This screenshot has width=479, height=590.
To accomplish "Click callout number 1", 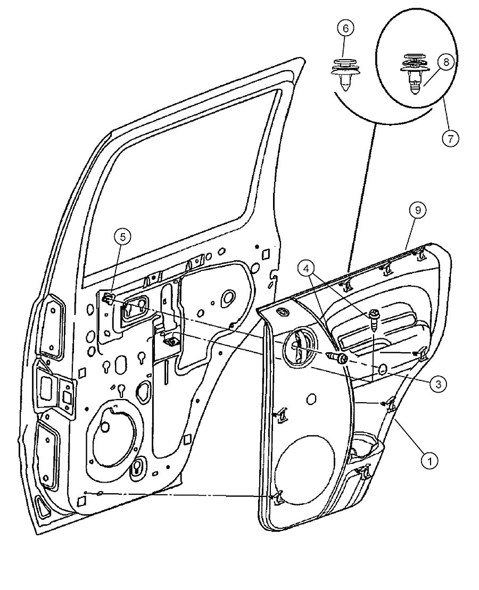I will pos(430,460).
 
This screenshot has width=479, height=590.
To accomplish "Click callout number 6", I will pos(344,29).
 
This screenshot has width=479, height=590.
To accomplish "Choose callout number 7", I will pos(450,138).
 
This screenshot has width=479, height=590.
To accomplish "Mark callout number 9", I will pos(418,211).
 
